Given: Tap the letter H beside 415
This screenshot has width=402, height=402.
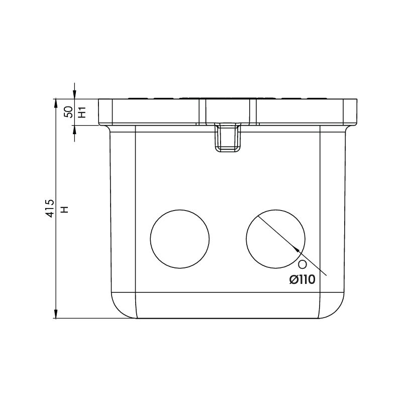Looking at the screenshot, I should (64, 209).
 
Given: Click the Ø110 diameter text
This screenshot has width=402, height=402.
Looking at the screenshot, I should (302, 280).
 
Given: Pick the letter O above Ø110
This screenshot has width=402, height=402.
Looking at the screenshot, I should (303, 264).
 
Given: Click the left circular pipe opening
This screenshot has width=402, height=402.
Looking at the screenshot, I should (180, 239).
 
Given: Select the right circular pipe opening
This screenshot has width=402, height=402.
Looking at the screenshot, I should (276, 239).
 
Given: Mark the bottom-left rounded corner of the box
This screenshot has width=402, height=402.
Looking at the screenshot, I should (120, 308).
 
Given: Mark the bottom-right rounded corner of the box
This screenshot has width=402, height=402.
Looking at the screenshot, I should (336, 308).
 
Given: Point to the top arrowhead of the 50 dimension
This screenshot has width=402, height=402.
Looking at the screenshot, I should (74, 94).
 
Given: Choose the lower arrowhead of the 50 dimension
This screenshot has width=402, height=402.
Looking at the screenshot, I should (74, 130).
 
